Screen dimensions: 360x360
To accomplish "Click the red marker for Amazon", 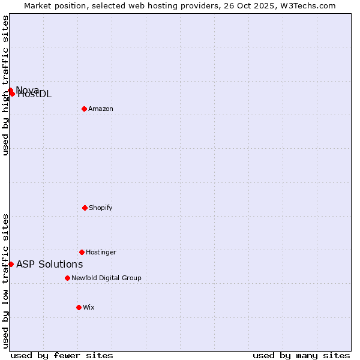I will tap(84, 109).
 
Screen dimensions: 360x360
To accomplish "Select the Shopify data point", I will tap(85, 208).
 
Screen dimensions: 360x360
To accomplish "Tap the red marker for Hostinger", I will tap(82, 252).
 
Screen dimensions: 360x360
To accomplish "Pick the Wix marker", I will tap(79, 307).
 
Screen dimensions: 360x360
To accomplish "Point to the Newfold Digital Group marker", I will tap(67, 278).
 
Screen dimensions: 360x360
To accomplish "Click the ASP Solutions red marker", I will tap(11, 264).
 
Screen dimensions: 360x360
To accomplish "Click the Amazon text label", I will tap(101, 109).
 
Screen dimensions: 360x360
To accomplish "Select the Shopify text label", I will tap(101, 208).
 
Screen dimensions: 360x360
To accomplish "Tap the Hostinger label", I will tap(101, 252).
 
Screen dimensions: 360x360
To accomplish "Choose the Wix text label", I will tap(89, 307).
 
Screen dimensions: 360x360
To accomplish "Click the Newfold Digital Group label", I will tap(106, 278).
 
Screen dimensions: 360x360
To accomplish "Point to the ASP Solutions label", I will tap(49, 264).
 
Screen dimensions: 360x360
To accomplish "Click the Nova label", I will tap(28, 90).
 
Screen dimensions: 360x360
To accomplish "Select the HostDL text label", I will tap(35, 94).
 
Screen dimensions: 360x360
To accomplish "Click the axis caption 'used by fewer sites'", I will tap(62, 355).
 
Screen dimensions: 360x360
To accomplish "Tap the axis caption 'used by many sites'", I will tap(301, 355).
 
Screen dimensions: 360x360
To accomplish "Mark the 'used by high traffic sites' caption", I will tap(5, 85).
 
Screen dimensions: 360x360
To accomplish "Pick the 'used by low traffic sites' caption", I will tap(5, 281).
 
